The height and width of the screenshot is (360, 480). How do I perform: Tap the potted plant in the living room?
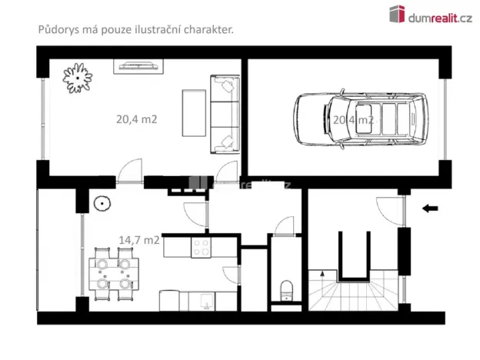point(78,75)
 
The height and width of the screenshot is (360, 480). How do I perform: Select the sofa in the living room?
point(225,114)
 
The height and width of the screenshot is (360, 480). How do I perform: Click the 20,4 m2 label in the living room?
point(137,120)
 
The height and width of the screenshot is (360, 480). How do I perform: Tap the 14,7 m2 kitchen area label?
point(138,239)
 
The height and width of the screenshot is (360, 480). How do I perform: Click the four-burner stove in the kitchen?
point(202,248)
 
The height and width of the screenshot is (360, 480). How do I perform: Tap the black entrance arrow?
point(430,208)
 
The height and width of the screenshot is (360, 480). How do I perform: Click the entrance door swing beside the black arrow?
point(391,210)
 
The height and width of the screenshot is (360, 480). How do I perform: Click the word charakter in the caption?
point(207,29)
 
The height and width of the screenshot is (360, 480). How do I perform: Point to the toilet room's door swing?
point(284,225)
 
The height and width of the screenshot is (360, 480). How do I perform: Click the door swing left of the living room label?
point(130,172)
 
